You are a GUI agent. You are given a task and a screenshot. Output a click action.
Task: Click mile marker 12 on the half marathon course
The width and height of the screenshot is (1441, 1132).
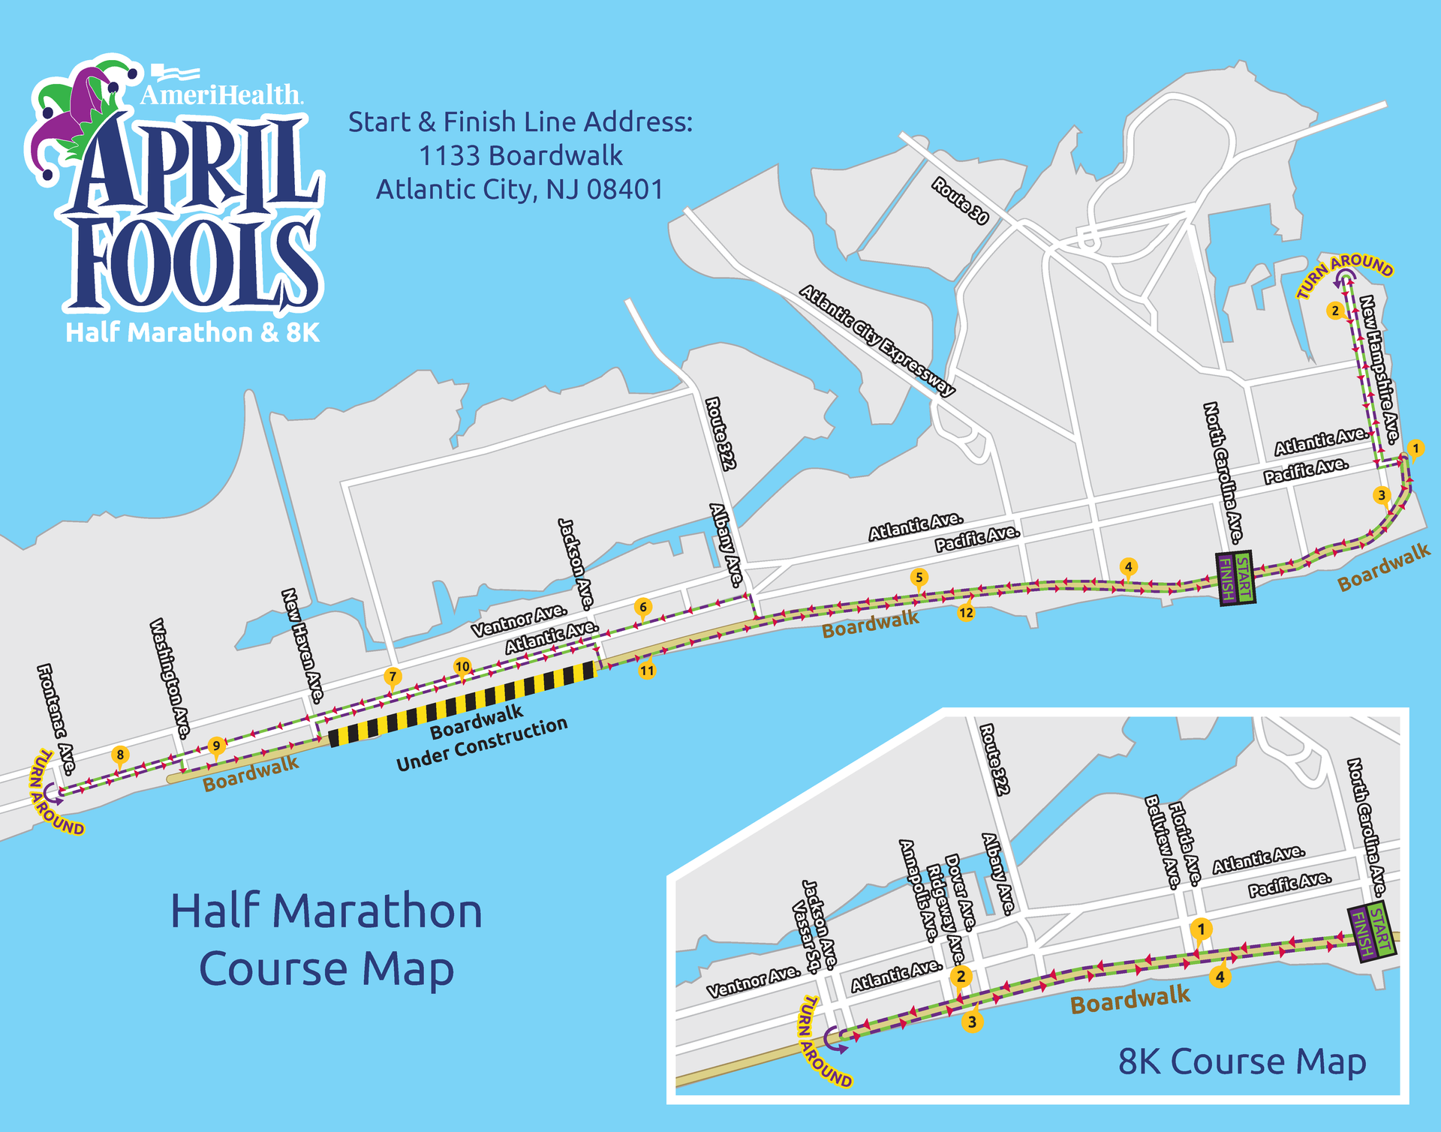(x=966, y=612)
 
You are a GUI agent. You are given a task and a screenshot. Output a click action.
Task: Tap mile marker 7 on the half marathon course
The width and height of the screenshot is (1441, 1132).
(x=392, y=676)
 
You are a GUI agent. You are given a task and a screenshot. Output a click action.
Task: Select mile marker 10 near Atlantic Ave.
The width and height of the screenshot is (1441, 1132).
(x=462, y=665)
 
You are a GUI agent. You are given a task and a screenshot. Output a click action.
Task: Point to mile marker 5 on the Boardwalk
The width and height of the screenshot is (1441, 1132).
(x=919, y=577)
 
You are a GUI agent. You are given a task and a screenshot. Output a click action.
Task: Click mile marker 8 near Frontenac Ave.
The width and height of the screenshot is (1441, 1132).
(x=120, y=755)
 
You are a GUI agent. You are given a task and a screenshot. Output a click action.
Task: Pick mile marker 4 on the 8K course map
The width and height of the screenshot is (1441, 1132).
(x=1220, y=977)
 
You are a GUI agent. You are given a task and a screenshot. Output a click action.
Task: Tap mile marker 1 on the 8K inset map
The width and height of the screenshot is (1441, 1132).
(x=1201, y=929)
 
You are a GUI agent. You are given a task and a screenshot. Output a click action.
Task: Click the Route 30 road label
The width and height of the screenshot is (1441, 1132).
(x=960, y=200)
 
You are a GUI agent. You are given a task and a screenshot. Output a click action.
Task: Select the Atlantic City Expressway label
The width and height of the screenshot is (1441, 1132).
(x=877, y=340)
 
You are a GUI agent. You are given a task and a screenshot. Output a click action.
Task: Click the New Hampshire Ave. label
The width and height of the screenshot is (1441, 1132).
(x=1379, y=369)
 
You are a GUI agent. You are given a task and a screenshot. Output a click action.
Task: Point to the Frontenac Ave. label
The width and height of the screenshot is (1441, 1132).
(x=56, y=719)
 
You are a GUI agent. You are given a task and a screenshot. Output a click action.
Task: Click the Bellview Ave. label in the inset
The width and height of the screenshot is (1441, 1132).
(x=1162, y=842)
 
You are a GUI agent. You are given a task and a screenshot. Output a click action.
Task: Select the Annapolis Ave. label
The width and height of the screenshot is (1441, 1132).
(x=919, y=890)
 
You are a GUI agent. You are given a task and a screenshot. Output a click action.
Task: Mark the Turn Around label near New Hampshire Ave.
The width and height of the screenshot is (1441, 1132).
(x=1345, y=274)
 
